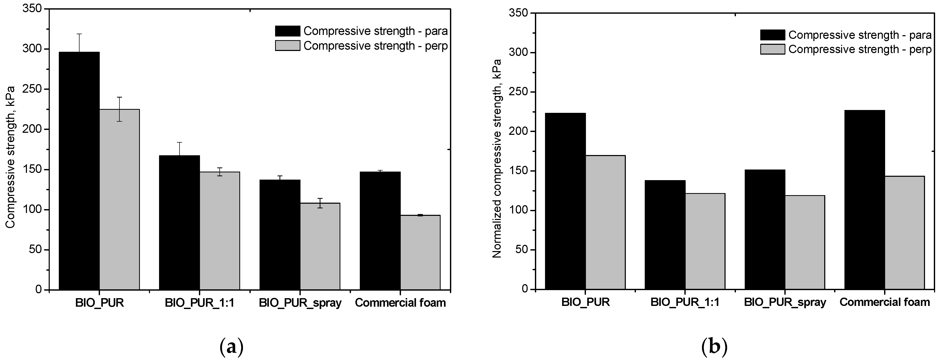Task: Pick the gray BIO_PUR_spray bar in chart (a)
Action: click(x=320, y=246)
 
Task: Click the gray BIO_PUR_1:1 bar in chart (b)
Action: click(x=705, y=241)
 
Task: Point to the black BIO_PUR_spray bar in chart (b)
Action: click(x=765, y=229)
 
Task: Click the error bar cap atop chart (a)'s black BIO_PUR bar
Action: click(x=79, y=34)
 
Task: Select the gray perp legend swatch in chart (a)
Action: click(x=287, y=46)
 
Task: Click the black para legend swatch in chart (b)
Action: click(x=772, y=35)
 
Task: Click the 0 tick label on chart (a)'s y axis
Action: click(x=38, y=290)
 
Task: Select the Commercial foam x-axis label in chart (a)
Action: click(x=400, y=303)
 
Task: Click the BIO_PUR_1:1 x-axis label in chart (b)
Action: click(x=685, y=302)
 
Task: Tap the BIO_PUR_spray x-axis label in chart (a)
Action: click(x=300, y=303)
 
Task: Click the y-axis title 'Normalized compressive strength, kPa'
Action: click(x=497, y=158)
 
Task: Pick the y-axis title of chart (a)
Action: click(x=10, y=157)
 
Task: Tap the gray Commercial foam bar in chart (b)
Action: click(x=904, y=232)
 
